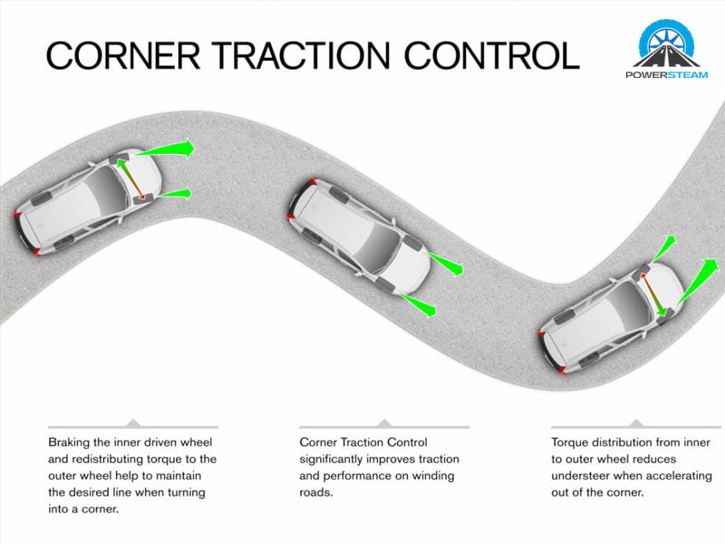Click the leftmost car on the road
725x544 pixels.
click(x=86, y=201)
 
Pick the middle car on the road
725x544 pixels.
click(x=358, y=238)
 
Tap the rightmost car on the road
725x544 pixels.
click(x=609, y=314)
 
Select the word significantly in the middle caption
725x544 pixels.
click(x=336, y=460)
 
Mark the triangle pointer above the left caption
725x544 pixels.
click(x=132, y=423)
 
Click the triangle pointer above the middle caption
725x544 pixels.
click(x=384, y=423)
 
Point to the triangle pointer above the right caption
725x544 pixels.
click(x=636, y=423)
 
